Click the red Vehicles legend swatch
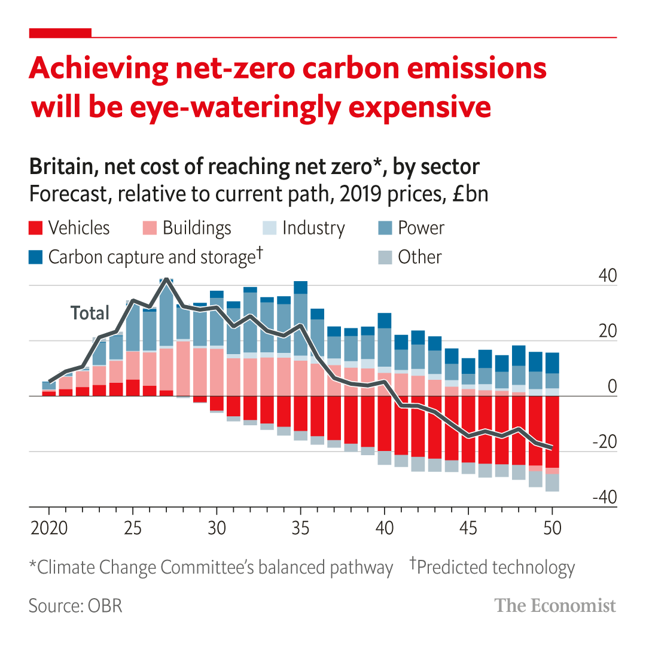point(36,228)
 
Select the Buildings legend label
point(197,228)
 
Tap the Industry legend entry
point(313,228)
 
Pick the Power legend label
point(421,228)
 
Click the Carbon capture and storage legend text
point(151,257)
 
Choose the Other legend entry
point(419,257)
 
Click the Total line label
point(90,313)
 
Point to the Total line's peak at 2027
point(166,279)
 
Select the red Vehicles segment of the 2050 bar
point(552,431)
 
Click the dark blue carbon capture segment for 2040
point(384,321)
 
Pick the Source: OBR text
point(75,605)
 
